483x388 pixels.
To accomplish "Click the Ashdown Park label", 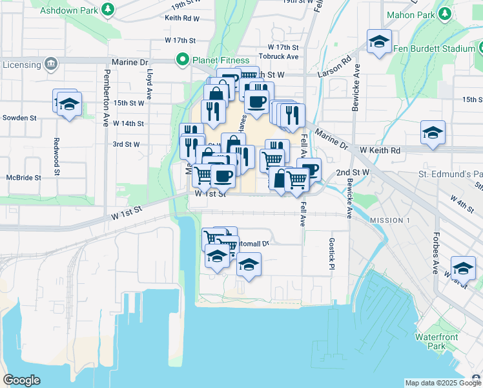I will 68,11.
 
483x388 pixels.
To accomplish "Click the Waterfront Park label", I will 437,341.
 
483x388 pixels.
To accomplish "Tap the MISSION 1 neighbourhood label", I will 390,221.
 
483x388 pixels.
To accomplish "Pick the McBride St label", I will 24,177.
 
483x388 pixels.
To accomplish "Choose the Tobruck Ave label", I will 278,56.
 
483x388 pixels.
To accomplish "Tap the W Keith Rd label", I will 380,150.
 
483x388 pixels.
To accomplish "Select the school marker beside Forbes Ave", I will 463,267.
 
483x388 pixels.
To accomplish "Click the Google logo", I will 21,380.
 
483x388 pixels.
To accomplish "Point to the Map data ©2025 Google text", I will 442,383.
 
